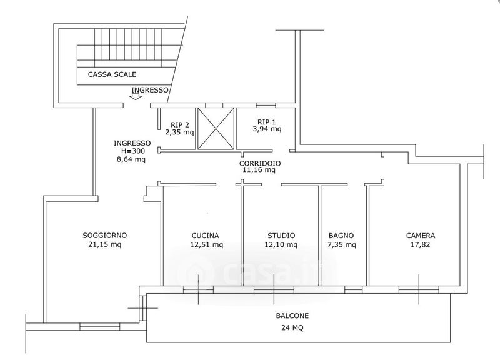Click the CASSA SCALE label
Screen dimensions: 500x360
112,74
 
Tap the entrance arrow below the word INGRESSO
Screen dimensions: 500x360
137,96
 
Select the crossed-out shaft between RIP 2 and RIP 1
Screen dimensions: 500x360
216,129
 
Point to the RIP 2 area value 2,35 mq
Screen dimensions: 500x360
179,132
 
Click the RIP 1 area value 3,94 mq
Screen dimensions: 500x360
267,129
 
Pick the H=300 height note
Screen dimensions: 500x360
132,151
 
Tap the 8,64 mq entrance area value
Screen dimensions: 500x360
131,159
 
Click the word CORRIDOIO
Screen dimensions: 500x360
260,163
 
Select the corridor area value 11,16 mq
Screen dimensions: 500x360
259,170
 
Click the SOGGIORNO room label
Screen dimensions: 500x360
104,236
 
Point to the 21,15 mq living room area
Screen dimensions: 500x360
104,244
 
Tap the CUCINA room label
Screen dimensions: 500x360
206,236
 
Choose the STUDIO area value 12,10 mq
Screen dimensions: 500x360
281,244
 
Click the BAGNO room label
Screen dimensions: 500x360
341,236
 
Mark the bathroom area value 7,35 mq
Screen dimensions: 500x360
341,244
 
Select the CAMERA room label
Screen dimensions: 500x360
421,236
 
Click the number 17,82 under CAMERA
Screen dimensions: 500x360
421,244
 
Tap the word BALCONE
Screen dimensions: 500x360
292,316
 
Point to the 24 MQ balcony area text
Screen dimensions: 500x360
292,327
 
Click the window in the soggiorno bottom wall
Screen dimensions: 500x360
100,326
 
